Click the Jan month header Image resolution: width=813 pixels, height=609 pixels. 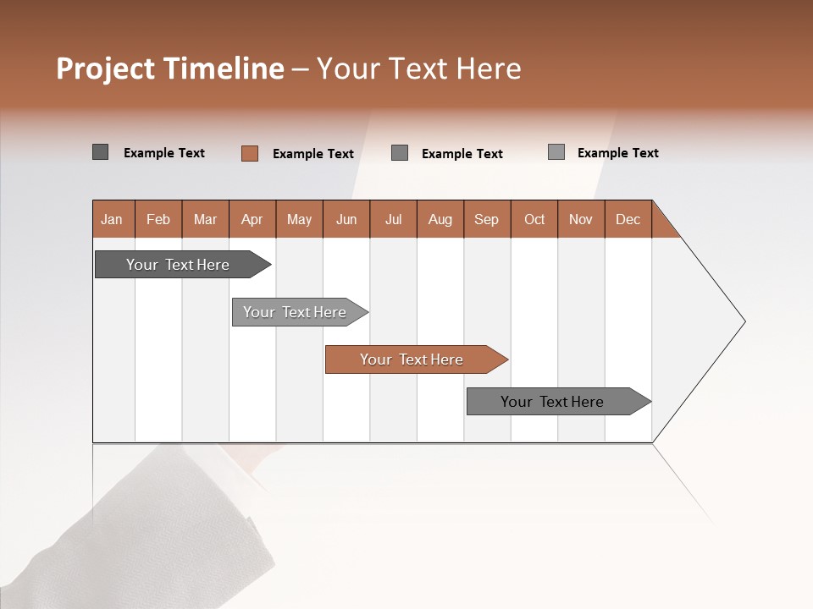tap(113, 219)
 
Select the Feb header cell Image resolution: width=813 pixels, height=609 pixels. tap(158, 219)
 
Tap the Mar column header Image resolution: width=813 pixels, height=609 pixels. tap(205, 219)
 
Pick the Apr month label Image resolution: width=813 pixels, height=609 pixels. tap(252, 219)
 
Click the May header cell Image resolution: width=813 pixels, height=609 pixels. tap(299, 219)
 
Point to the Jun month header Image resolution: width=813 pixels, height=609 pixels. tap(346, 219)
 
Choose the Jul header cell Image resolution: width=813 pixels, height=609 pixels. tap(393, 219)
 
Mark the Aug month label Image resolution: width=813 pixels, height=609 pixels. tap(440, 219)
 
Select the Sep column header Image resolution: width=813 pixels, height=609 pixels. tap(487, 219)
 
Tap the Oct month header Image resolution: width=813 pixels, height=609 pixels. tap(534, 219)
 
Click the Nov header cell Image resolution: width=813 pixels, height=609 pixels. tap(581, 219)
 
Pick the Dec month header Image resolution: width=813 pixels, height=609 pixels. tap(628, 219)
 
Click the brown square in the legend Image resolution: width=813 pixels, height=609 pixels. tap(250, 153)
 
